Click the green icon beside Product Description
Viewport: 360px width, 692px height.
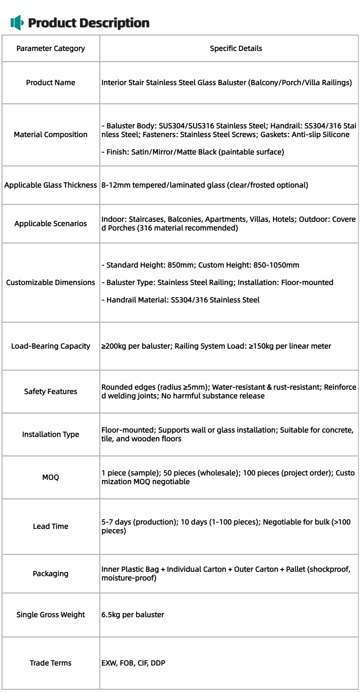[17, 23]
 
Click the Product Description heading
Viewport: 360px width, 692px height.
[89, 23]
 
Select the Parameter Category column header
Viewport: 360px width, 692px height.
[51, 48]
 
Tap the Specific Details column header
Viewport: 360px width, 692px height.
[236, 48]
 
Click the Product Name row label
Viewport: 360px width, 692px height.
[51, 83]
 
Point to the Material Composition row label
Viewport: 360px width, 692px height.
[51, 134]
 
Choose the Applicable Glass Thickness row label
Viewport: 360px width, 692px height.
[51, 185]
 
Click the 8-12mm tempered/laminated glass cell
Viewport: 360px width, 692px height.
[205, 185]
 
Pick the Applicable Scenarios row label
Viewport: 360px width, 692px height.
[51, 224]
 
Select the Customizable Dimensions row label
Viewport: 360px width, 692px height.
[51, 282]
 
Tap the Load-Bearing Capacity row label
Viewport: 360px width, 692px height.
[51, 346]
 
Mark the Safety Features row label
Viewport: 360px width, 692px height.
[51, 391]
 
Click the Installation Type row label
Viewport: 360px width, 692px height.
[51, 434]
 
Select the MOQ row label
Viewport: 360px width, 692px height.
[51, 477]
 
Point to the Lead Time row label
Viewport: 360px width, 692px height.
[51, 526]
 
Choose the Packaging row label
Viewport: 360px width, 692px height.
[51, 574]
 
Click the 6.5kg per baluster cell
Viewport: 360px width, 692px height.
[133, 615]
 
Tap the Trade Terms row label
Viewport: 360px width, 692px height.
[51, 663]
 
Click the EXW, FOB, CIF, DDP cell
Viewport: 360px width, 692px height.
[133, 663]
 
